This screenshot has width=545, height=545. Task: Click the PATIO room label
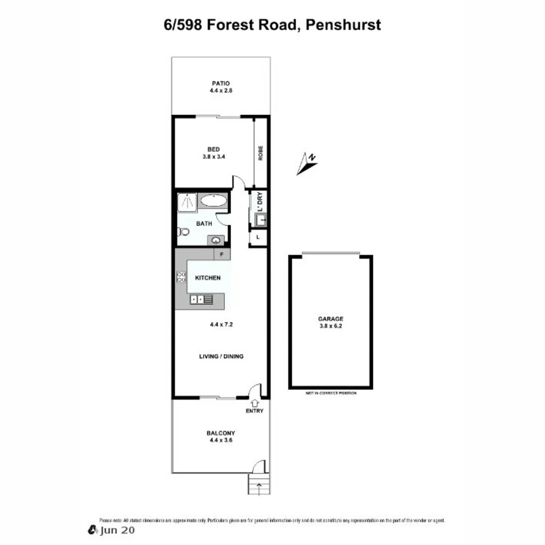pos(221,83)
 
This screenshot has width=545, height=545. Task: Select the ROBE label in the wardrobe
pos(261,153)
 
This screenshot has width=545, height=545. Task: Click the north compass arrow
pos(306,163)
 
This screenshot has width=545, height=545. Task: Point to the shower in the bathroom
pos(186,202)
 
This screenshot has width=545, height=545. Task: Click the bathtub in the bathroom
pos(213,201)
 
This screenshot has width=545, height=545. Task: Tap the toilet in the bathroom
pos(183,232)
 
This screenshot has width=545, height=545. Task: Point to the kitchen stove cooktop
pos(181,277)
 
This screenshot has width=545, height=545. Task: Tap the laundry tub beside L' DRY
pos(261,220)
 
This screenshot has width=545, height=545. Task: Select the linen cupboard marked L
pos(258,237)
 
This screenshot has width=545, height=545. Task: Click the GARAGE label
pos(331,318)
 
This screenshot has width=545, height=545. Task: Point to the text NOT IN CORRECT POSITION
pos(331,393)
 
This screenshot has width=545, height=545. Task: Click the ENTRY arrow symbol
pos(255,403)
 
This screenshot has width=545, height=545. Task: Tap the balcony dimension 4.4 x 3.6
pos(221,440)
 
